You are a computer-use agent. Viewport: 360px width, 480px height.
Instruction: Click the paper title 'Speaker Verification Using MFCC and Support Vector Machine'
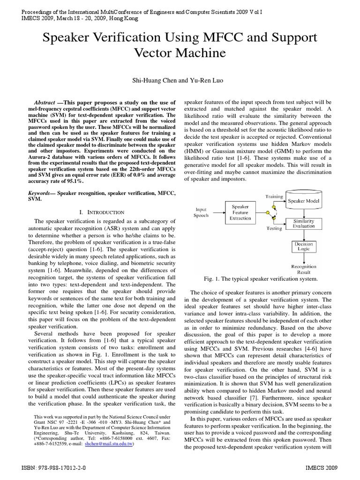(180, 45)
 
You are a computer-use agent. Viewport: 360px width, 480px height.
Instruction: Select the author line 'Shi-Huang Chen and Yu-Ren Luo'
(180, 81)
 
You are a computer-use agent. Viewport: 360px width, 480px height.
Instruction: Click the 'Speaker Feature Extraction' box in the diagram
(241, 212)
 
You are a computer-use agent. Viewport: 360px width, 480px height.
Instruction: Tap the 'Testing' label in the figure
(274, 229)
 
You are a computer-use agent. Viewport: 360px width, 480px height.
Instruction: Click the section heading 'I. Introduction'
(102, 212)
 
